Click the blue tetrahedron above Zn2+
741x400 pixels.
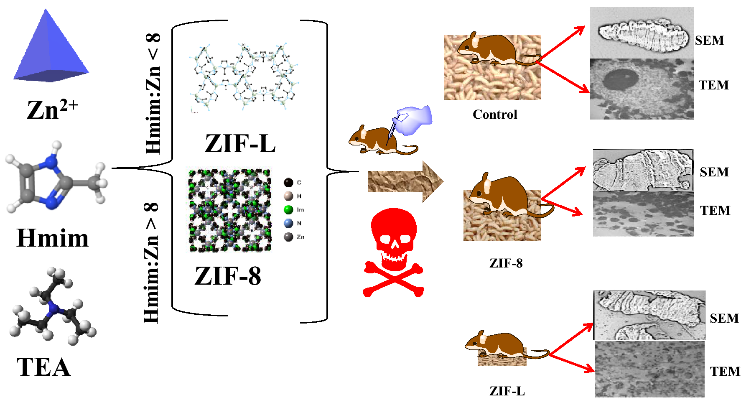tap(50, 50)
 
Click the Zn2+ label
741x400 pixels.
tap(52, 110)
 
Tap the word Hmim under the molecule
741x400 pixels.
tap(53, 238)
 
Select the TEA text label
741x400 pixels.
tap(43, 367)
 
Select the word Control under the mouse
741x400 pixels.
tap(495, 114)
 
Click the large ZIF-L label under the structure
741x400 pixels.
tap(240, 143)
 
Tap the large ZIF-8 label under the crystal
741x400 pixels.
tap(228, 276)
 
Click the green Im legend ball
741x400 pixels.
tap(288, 209)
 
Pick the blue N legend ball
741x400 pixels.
tap(288, 223)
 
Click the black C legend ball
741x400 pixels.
tap(288, 182)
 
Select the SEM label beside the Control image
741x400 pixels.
tap(709, 40)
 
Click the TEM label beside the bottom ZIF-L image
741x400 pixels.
tap(725, 371)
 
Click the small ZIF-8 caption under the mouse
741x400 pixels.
tap(506, 263)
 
